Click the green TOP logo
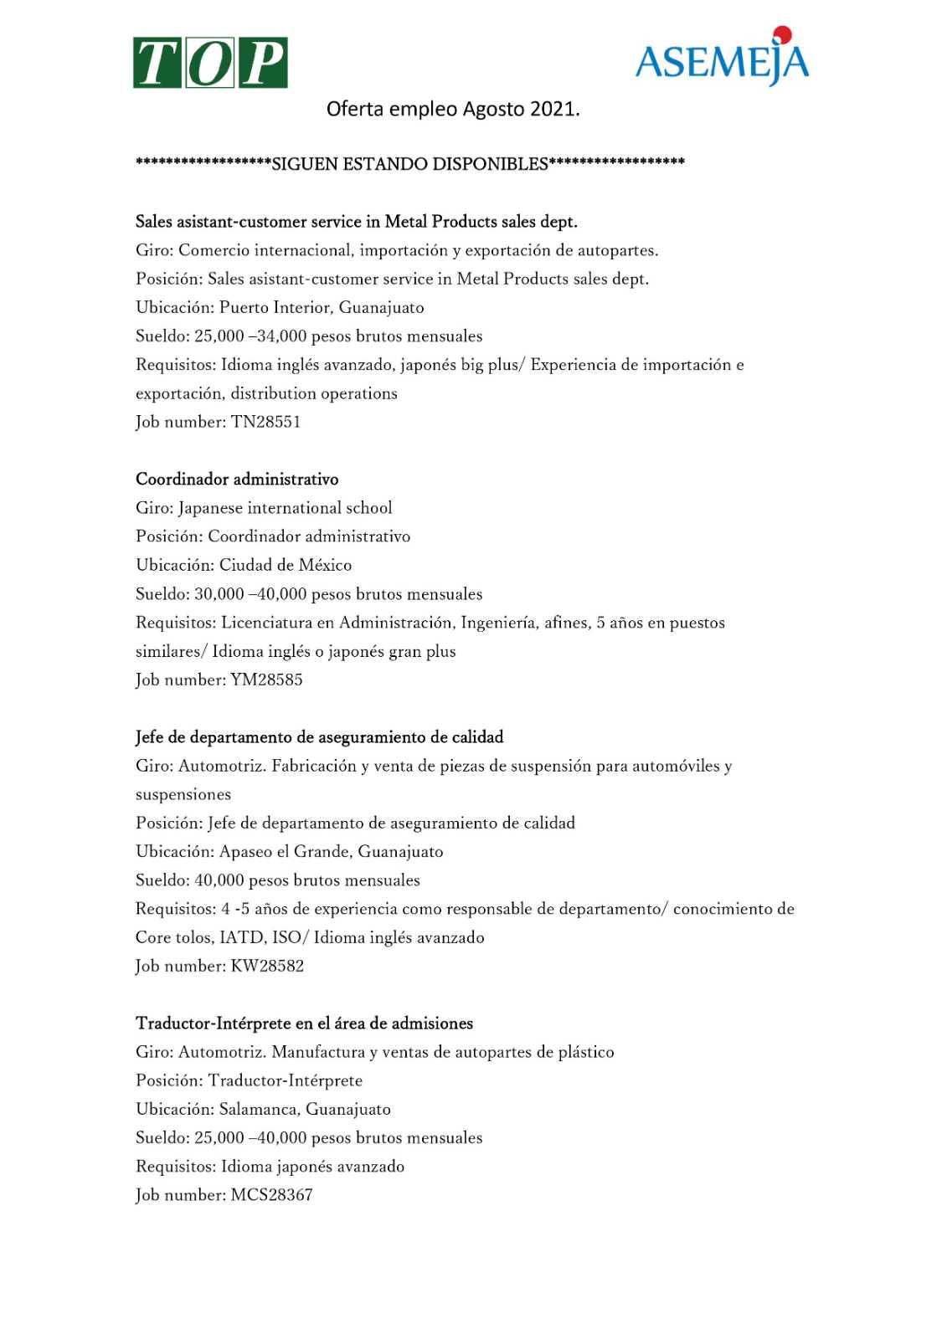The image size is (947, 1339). point(210,63)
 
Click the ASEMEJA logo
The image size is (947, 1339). point(722,59)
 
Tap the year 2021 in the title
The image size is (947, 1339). point(553,109)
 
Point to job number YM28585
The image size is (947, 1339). point(266,680)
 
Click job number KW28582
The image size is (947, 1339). point(267,966)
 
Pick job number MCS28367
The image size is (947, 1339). point(271,1195)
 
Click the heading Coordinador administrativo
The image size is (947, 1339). point(237,480)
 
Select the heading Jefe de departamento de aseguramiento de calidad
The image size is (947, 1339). point(319,737)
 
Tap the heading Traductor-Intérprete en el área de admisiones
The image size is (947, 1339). point(304,1023)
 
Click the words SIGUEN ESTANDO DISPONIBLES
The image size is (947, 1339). point(409,164)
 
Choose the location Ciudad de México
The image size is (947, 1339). point(286,565)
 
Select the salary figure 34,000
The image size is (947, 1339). point(280,336)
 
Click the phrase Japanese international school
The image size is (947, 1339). point(285,508)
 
